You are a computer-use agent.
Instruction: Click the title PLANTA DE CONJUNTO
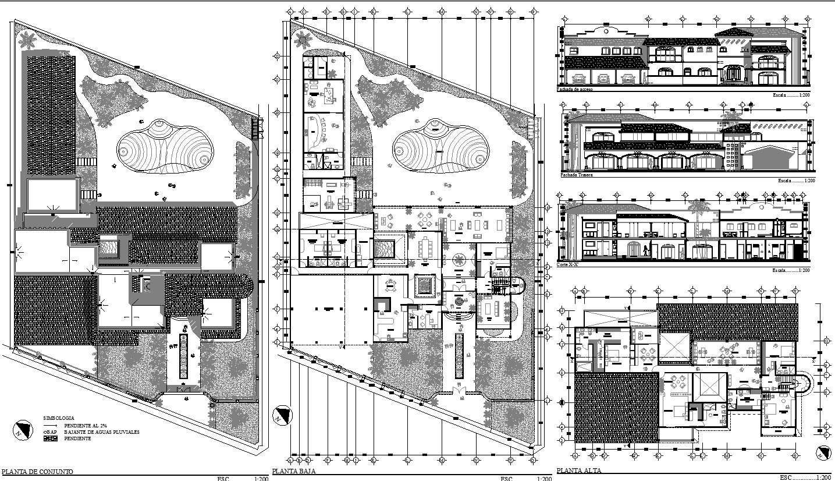tap(38, 472)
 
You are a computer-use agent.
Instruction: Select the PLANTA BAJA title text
tap(294, 472)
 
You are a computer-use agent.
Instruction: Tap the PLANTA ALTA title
tap(579, 471)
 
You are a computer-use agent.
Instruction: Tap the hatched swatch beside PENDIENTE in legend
tap(51, 438)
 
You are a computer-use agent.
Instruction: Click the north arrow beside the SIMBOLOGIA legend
tap(22, 430)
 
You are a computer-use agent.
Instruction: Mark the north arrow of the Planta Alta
tap(822, 452)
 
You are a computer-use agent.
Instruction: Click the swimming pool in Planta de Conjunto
tap(164, 146)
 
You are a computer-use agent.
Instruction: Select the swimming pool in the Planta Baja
tap(439, 146)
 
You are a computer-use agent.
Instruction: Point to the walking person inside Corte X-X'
tap(645, 250)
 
